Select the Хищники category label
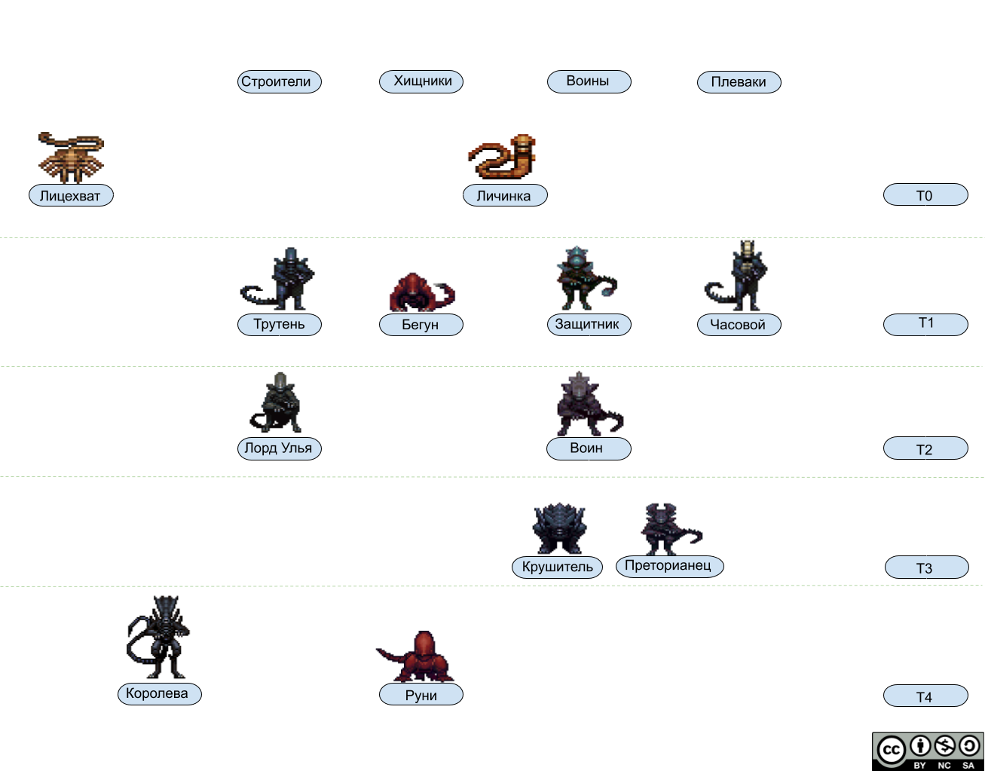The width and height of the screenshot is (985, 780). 421,81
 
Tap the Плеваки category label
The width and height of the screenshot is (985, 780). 739,82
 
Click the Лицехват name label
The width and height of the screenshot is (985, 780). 70,196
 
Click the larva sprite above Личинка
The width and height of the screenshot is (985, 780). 503,157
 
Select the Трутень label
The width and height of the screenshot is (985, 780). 279,325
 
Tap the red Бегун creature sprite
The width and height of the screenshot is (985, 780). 420,292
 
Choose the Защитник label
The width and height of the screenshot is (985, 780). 587,325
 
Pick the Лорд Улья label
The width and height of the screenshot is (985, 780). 278,448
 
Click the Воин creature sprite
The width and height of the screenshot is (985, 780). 585,405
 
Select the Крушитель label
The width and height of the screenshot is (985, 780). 558,567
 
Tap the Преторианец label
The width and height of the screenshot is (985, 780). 668,566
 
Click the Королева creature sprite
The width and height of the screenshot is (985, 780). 160,637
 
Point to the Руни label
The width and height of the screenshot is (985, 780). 421,695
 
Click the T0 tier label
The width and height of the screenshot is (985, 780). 925,196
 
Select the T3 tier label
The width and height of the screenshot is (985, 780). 925,568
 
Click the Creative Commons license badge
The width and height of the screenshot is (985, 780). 928,751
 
